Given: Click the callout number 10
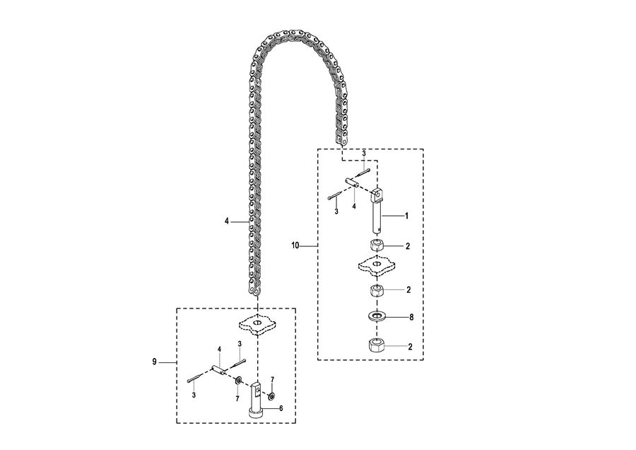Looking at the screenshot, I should (x=295, y=246).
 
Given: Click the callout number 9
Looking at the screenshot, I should (x=154, y=362).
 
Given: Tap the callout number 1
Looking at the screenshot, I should (x=406, y=214).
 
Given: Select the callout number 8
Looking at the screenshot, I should (x=408, y=317).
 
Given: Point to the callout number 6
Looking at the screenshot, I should (x=281, y=408).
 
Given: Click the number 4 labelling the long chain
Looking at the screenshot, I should (x=227, y=221).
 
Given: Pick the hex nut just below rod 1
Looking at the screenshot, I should (x=376, y=246).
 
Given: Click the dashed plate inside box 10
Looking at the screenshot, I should (x=375, y=267).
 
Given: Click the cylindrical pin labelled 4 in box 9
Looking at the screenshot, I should (x=219, y=369).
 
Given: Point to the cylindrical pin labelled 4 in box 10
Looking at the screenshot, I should (x=352, y=183).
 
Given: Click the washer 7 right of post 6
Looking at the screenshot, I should (x=273, y=395).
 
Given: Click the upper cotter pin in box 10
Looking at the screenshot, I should (x=364, y=173).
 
